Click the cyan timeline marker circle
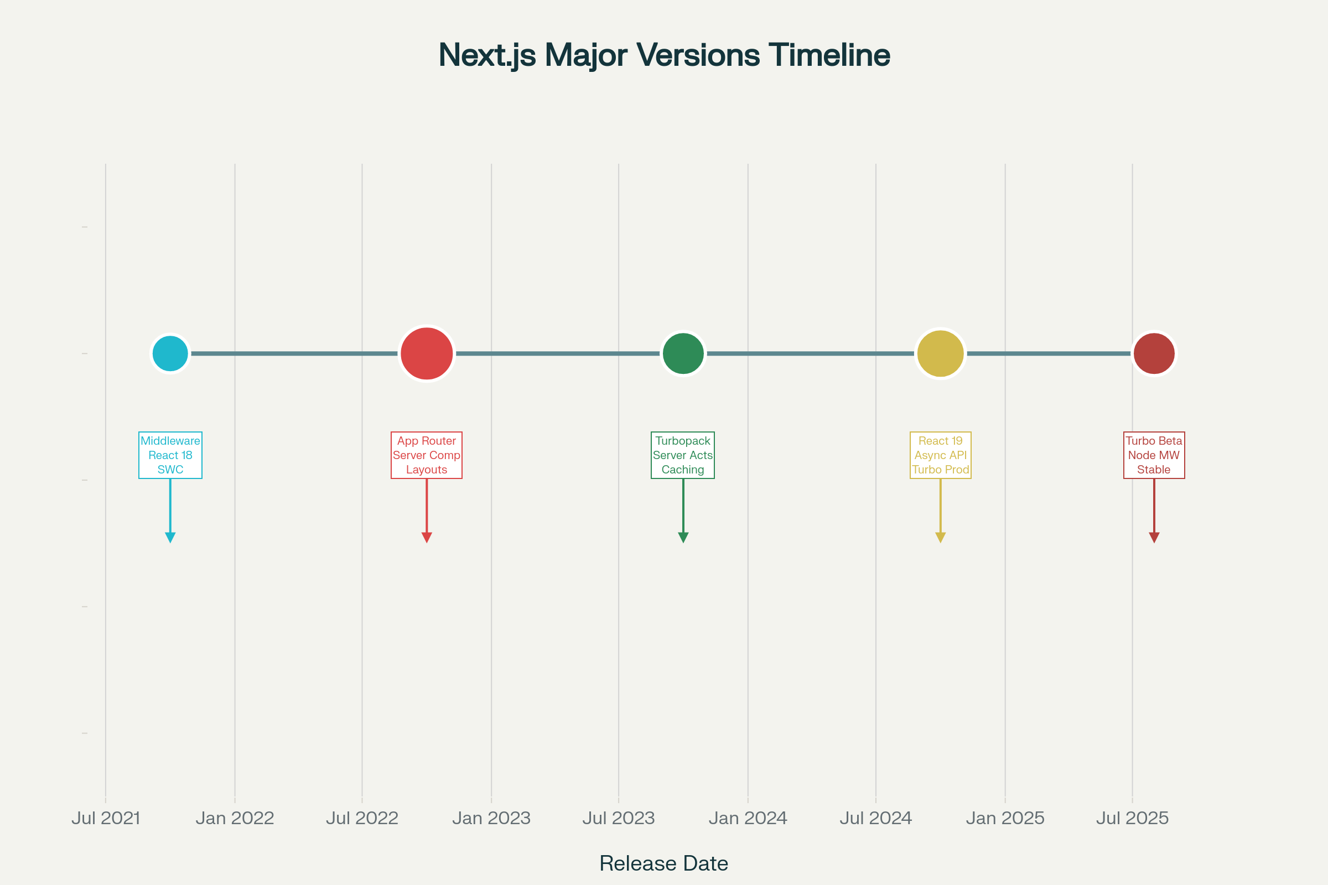pyautogui.click(x=170, y=354)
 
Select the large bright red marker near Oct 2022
pyautogui.click(x=427, y=354)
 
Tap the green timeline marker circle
pyautogui.click(x=683, y=354)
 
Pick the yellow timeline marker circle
pyautogui.click(x=940, y=354)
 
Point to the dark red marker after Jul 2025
pyautogui.click(x=1154, y=354)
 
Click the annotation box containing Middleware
pyautogui.click(x=170, y=455)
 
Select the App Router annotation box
pyautogui.click(x=426, y=455)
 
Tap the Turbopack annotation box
pyautogui.click(x=683, y=455)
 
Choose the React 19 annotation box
pyautogui.click(x=940, y=455)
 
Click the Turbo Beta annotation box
pyautogui.click(x=1154, y=455)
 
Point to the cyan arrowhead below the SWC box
pyautogui.click(x=170, y=537)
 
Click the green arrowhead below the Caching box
pyautogui.click(x=683, y=537)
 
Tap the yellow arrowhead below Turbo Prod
pyautogui.click(x=940, y=537)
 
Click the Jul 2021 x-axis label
pyautogui.click(x=106, y=818)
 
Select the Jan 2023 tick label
pyautogui.click(x=491, y=818)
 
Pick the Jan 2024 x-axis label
pyautogui.click(x=748, y=818)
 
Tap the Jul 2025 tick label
pyautogui.click(x=1132, y=818)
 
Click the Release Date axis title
pyautogui.click(x=663, y=863)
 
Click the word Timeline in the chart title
pyautogui.click(x=829, y=55)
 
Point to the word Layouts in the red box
pyautogui.click(x=426, y=470)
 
